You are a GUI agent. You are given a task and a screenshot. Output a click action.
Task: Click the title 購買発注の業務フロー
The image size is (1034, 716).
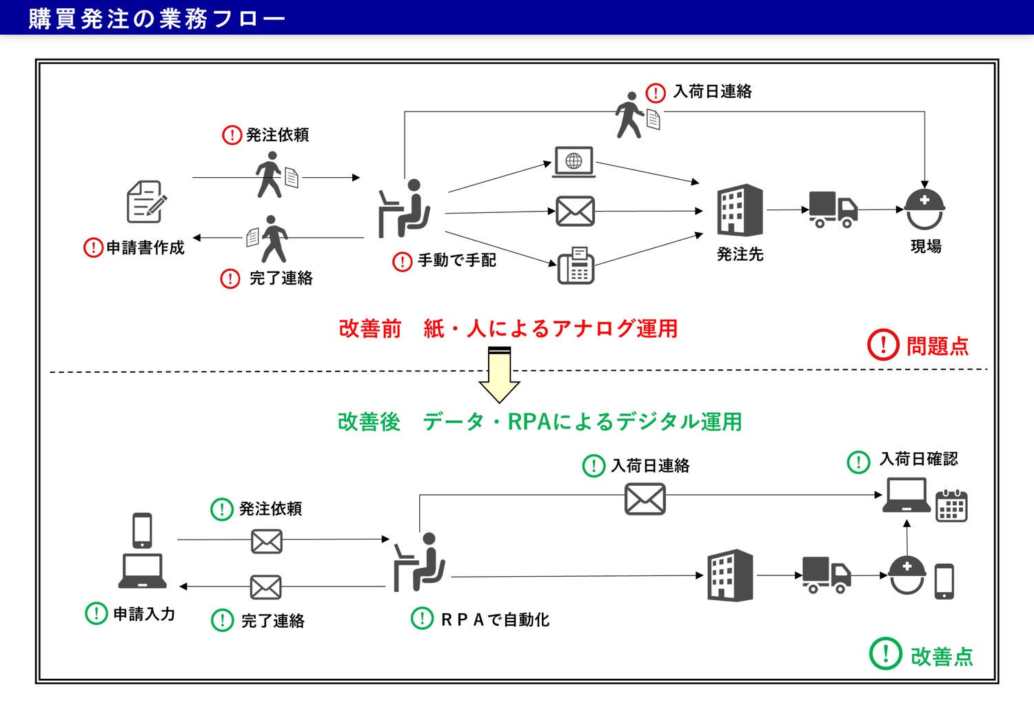156,18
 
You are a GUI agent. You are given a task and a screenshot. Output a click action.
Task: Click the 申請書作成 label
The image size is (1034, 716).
145,247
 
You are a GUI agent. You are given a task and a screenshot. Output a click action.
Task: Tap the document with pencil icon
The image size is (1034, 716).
146,202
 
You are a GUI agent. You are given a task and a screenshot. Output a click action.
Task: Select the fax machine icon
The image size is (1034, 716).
576,265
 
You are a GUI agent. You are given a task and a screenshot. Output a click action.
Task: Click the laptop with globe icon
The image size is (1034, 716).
574,162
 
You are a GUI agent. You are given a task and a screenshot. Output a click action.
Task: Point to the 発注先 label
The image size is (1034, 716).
740,254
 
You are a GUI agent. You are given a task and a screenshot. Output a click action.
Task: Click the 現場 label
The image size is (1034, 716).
925,246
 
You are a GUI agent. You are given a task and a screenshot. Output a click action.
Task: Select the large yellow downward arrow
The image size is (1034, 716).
499,376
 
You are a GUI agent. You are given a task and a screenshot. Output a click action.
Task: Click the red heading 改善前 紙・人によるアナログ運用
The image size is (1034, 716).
508,329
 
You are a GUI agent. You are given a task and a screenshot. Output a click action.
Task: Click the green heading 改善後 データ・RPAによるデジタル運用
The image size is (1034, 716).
539,421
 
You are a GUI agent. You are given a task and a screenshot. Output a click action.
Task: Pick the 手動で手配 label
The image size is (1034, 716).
456,260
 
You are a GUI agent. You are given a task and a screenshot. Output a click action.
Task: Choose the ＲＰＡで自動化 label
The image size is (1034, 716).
494,620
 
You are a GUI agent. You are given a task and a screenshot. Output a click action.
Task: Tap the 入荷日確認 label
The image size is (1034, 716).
918,459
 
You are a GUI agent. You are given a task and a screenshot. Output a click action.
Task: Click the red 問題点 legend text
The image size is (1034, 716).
937,345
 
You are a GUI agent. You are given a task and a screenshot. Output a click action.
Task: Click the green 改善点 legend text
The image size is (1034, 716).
941,656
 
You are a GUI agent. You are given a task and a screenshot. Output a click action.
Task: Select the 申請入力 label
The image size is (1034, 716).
143,613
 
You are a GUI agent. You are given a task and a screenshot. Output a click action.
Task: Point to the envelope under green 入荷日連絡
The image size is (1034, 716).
645,499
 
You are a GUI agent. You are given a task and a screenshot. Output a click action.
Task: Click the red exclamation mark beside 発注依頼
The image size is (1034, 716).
232,135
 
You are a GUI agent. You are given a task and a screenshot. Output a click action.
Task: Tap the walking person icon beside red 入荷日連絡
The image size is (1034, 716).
629,114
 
